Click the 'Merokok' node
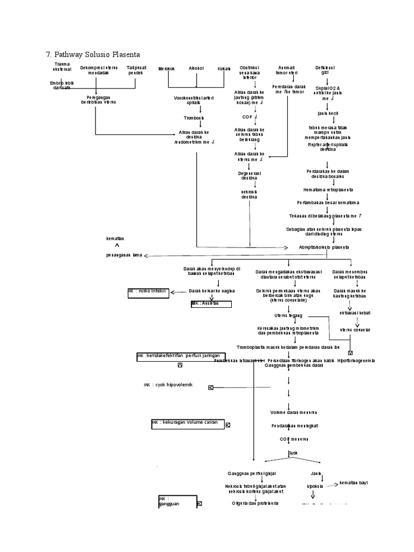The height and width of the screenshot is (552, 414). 167,69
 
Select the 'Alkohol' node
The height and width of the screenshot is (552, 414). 196,69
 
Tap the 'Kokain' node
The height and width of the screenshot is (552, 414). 224,69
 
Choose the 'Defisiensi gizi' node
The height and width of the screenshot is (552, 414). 325,70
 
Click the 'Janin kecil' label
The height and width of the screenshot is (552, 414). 327,114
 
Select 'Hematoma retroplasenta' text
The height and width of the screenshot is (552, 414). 328,190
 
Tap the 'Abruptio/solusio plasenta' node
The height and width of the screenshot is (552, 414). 324,247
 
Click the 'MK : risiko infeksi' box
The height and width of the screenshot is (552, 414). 148,292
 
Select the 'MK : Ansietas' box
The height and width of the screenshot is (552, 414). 211,304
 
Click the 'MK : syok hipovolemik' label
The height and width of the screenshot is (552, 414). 168,385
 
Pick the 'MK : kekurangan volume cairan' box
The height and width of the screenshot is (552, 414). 187,423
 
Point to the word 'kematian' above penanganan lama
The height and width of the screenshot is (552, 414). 115,238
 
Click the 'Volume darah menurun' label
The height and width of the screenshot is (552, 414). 290,412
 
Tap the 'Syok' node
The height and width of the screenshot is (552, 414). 293,453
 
